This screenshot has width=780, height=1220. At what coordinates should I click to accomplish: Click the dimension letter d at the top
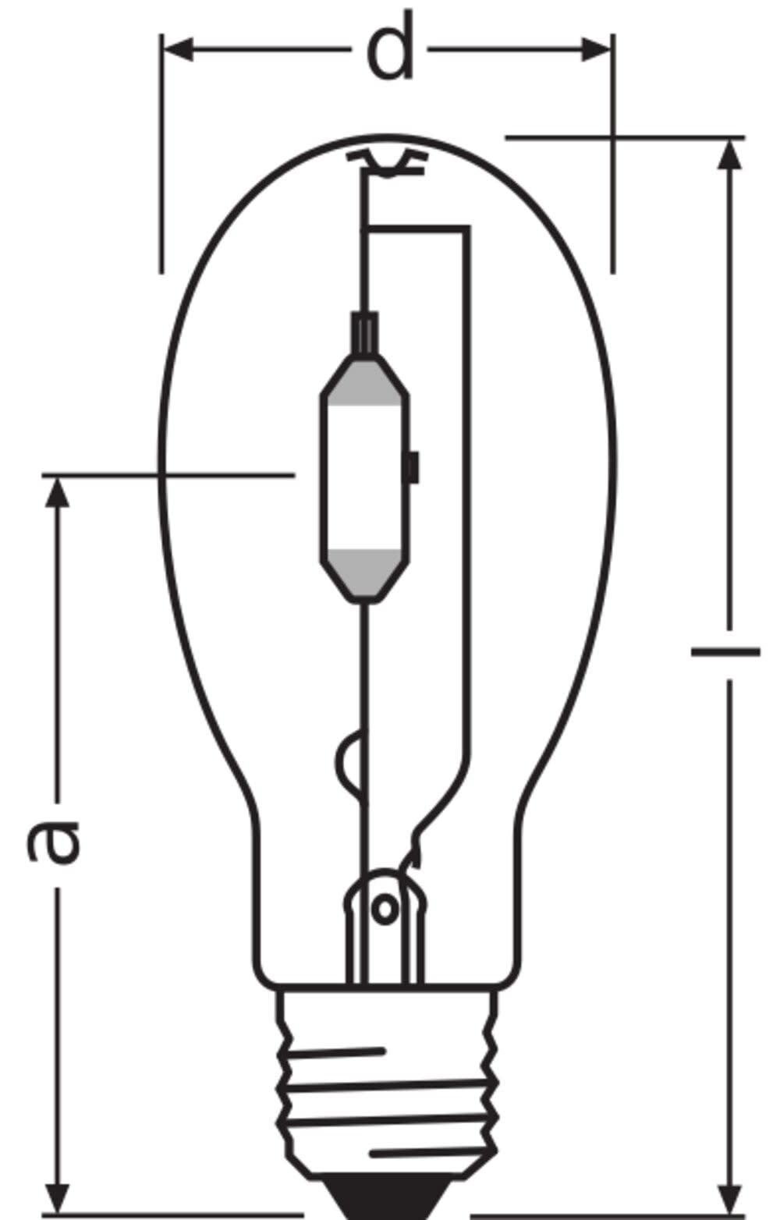pos(390,46)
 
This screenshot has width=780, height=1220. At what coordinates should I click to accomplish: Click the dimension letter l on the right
pos(725,651)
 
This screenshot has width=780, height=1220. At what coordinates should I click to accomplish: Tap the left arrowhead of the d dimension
pos(178,49)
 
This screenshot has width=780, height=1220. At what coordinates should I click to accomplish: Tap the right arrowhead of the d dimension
pos(597,49)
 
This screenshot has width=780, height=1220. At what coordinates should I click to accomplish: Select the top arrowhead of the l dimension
pos(729,155)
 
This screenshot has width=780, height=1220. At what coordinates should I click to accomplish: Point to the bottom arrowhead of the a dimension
pos(57,1197)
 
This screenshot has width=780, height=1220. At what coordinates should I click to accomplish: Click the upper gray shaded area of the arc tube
pos(364,384)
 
